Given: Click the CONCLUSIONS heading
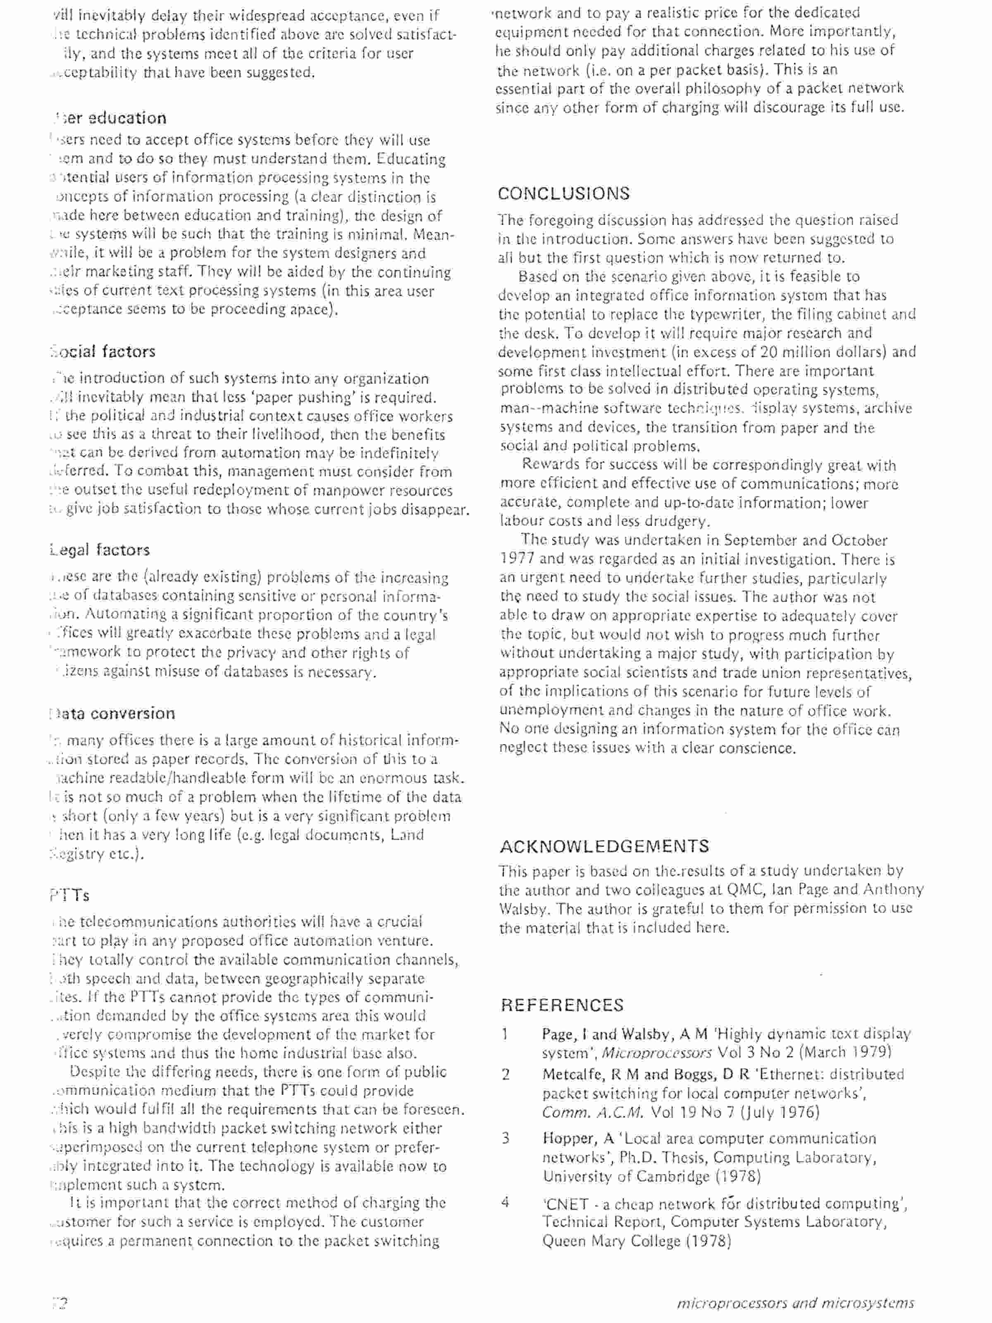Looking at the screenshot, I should coord(563,194).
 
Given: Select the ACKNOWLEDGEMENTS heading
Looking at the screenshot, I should coord(604,846).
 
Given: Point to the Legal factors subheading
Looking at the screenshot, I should coord(100,549).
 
